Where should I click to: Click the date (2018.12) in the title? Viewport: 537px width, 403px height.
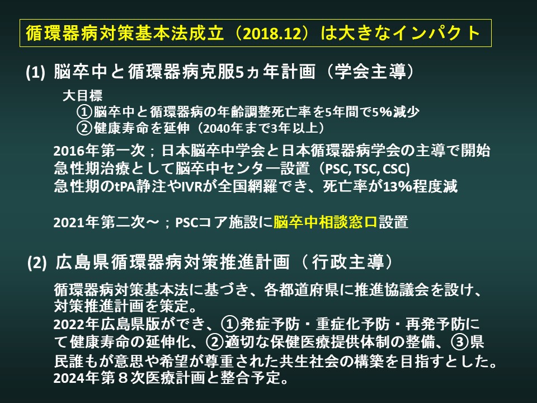pos(273,33)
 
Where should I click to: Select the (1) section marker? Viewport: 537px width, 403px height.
pos(36,72)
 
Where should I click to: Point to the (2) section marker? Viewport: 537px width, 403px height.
pos(37,263)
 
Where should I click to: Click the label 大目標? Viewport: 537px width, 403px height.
pos(83,96)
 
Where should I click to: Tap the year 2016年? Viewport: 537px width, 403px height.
pos(77,151)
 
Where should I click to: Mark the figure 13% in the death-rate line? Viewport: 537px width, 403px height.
pos(397,186)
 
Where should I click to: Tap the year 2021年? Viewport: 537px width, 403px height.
pos(77,222)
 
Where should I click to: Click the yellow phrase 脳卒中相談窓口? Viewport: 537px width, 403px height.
pos(326,222)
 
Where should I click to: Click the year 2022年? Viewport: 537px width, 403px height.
pos(77,324)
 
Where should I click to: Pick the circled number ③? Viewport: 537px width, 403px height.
pos(460,341)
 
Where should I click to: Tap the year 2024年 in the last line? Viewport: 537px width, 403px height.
pos(77,378)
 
